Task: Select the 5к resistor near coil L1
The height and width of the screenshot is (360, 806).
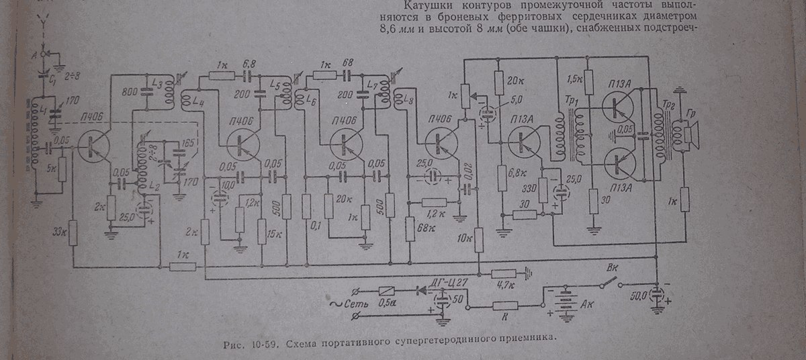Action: click(62, 169)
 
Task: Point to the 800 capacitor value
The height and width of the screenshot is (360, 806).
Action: click(132, 93)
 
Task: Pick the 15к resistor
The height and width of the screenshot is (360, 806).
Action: click(262, 232)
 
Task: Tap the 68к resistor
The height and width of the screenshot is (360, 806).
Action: click(410, 230)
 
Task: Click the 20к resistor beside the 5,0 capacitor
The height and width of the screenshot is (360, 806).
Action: click(498, 83)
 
